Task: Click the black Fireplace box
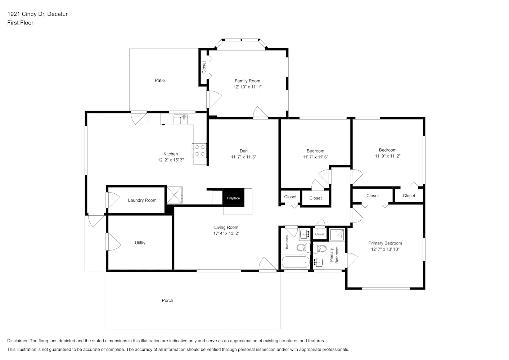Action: click(233, 198)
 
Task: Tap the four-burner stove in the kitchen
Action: click(199, 150)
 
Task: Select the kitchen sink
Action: click(180, 119)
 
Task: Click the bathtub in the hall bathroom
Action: click(296, 262)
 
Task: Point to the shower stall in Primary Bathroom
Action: click(337, 235)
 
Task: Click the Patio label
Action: click(160, 80)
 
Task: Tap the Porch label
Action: click(167, 300)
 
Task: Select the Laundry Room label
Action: click(142, 200)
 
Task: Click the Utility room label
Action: click(140, 243)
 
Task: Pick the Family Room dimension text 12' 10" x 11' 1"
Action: click(247, 87)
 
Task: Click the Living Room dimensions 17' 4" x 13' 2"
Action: click(226, 233)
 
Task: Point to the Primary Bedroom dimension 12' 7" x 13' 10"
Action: click(385, 249)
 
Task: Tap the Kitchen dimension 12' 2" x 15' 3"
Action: click(171, 160)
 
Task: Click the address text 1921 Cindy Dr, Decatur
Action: click(37, 14)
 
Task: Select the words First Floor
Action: click(20, 23)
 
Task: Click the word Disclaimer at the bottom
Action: click(18, 341)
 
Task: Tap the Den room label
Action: click(244, 151)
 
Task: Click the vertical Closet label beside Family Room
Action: click(204, 67)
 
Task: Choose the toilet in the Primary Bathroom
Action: click(320, 249)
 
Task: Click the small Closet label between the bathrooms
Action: click(320, 234)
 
